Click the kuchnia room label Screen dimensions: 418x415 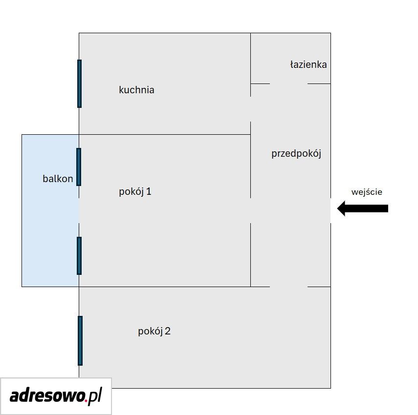[136, 90]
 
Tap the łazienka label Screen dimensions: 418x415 [308, 64]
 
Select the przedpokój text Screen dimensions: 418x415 [296, 154]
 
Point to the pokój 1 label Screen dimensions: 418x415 [135, 192]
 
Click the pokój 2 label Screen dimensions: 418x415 [154, 332]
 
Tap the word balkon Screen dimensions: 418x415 [58, 179]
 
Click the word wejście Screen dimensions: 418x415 [367, 192]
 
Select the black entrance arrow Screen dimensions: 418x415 [363, 208]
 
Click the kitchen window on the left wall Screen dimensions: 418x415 [79, 83]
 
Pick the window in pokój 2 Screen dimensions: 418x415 [80, 341]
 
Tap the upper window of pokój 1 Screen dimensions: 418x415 [79, 167]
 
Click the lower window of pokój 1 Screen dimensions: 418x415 [79, 255]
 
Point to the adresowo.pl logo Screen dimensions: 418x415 [56, 396]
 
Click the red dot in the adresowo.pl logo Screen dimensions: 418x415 [86, 400]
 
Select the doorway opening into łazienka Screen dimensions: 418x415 [289, 83]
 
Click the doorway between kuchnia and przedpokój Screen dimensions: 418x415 [251, 109]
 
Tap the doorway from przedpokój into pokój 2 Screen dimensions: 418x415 [289, 287]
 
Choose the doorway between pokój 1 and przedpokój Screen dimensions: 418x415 [251, 210]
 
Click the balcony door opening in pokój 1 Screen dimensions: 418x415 [79, 210]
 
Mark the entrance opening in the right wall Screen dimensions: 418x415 [330, 210]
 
